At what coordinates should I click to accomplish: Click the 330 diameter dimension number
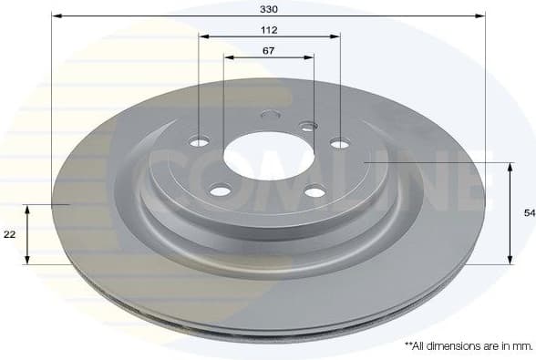tap(268, 8)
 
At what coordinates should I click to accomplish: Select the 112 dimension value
tap(268, 29)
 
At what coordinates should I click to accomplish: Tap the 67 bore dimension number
tap(268, 50)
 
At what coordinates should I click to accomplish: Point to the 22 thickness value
tap(10, 234)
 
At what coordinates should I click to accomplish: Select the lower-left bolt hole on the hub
tap(219, 190)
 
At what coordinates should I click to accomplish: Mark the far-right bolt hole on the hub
tap(339, 142)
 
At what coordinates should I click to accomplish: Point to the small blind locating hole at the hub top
tap(268, 116)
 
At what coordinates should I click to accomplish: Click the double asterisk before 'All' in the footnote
tap(407, 345)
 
